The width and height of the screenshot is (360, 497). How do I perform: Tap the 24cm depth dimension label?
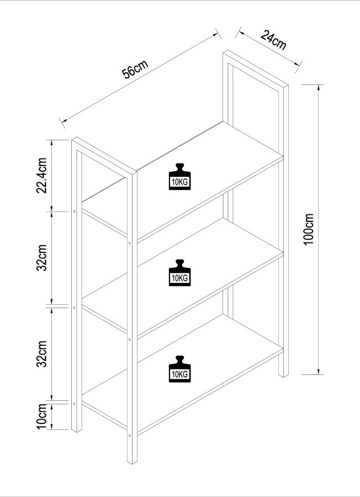(273, 40)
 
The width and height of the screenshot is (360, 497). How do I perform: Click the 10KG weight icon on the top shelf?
(179, 177)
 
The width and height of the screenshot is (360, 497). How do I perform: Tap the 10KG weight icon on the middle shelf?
(179, 273)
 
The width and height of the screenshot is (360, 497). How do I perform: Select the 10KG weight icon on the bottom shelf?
(179, 369)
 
